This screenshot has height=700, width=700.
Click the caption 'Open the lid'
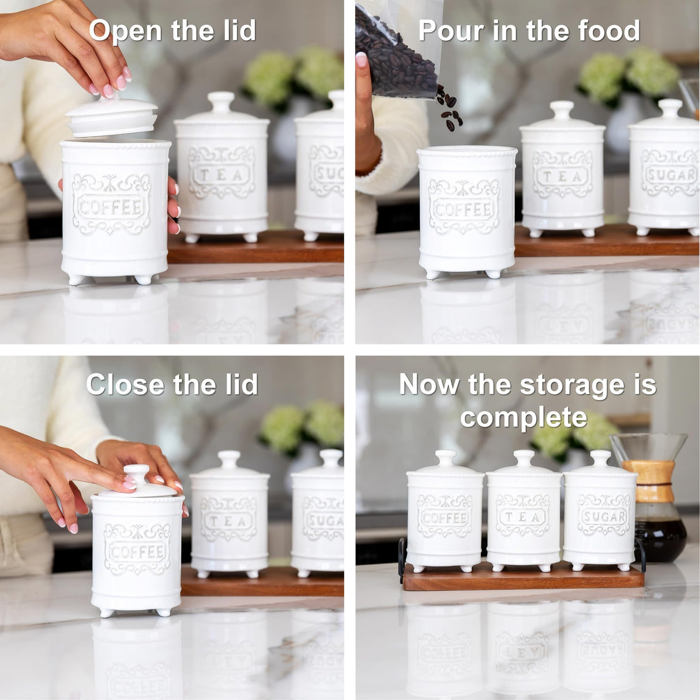coord(172,30)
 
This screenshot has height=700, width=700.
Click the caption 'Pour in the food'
coord(529,30)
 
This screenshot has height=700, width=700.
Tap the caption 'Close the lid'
coord(172,385)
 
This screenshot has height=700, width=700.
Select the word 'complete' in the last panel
coord(523,417)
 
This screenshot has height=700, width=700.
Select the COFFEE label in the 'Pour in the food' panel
coord(464,208)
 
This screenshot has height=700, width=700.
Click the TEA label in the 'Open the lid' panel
coord(221,174)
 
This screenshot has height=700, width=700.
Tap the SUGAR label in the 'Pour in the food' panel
coord(669,174)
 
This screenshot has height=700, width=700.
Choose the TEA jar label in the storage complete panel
coord(522,516)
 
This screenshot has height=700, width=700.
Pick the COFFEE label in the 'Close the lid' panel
coord(137,551)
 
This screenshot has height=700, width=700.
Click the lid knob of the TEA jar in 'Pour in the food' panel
coord(562,109)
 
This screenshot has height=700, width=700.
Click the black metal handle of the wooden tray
coord(401,559)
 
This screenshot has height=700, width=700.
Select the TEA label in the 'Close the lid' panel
coord(229,521)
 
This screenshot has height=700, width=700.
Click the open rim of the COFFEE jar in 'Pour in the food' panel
coord(466,151)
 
